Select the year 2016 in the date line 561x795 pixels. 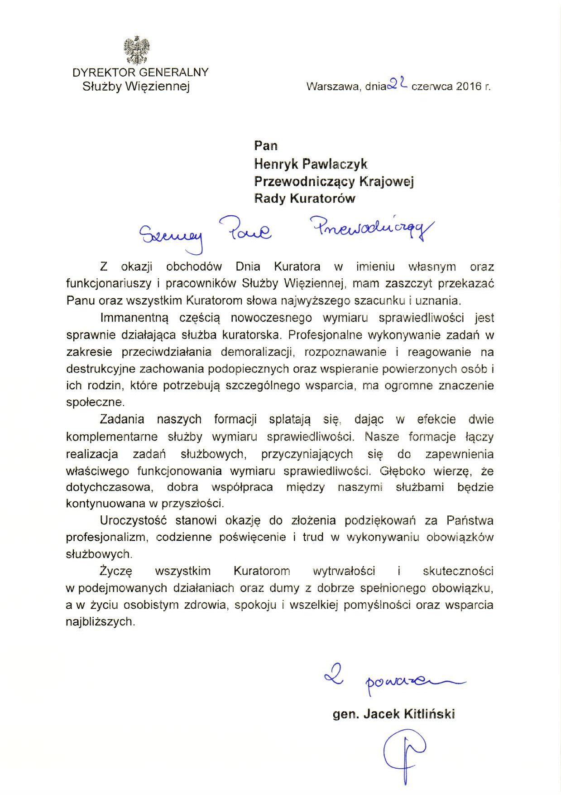click(469, 86)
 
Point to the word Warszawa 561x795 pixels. click(332, 87)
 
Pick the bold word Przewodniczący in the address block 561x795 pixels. click(304, 181)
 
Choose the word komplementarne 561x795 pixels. click(112, 437)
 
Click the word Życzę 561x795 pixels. click(115, 571)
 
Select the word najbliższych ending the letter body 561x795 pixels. click(100, 622)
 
